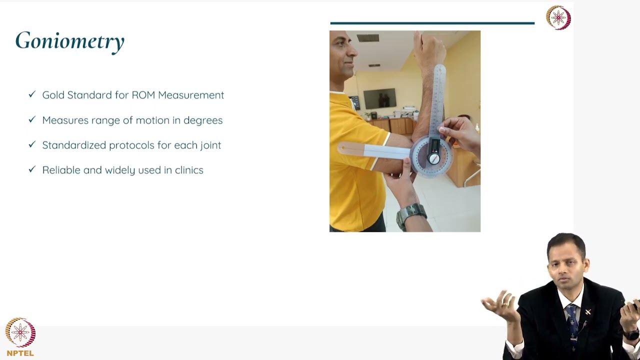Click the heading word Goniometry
coord(69,41)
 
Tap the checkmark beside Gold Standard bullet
coord(32,94)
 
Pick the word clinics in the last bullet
coord(189,170)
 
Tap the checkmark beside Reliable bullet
coord(32,169)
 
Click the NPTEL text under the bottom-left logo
coord(20,353)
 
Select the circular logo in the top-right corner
coord(558,18)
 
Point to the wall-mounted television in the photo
coord(380,98)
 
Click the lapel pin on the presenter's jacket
coord(588,312)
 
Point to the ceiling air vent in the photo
coord(368,38)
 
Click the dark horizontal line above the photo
coord(432,23)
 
